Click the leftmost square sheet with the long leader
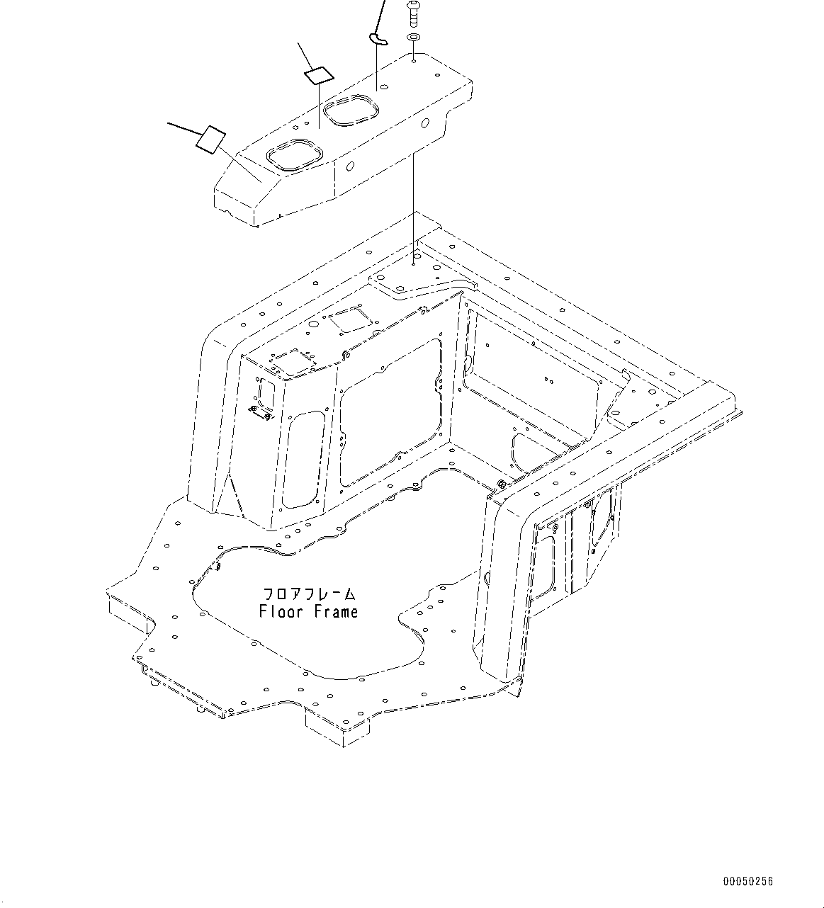pyautogui.click(x=210, y=139)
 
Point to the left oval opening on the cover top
pyautogui.click(x=293, y=155)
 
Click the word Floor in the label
pyautogui.click(x=281, y=611)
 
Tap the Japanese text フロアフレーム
pyautogui.click(x=308, y=594)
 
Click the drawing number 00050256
pyautogui.click(x=748, y=881)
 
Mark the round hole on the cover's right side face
pyautogui.click(x=424, y=124)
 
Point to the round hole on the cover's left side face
pyautogui.click(x=349, y=169)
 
